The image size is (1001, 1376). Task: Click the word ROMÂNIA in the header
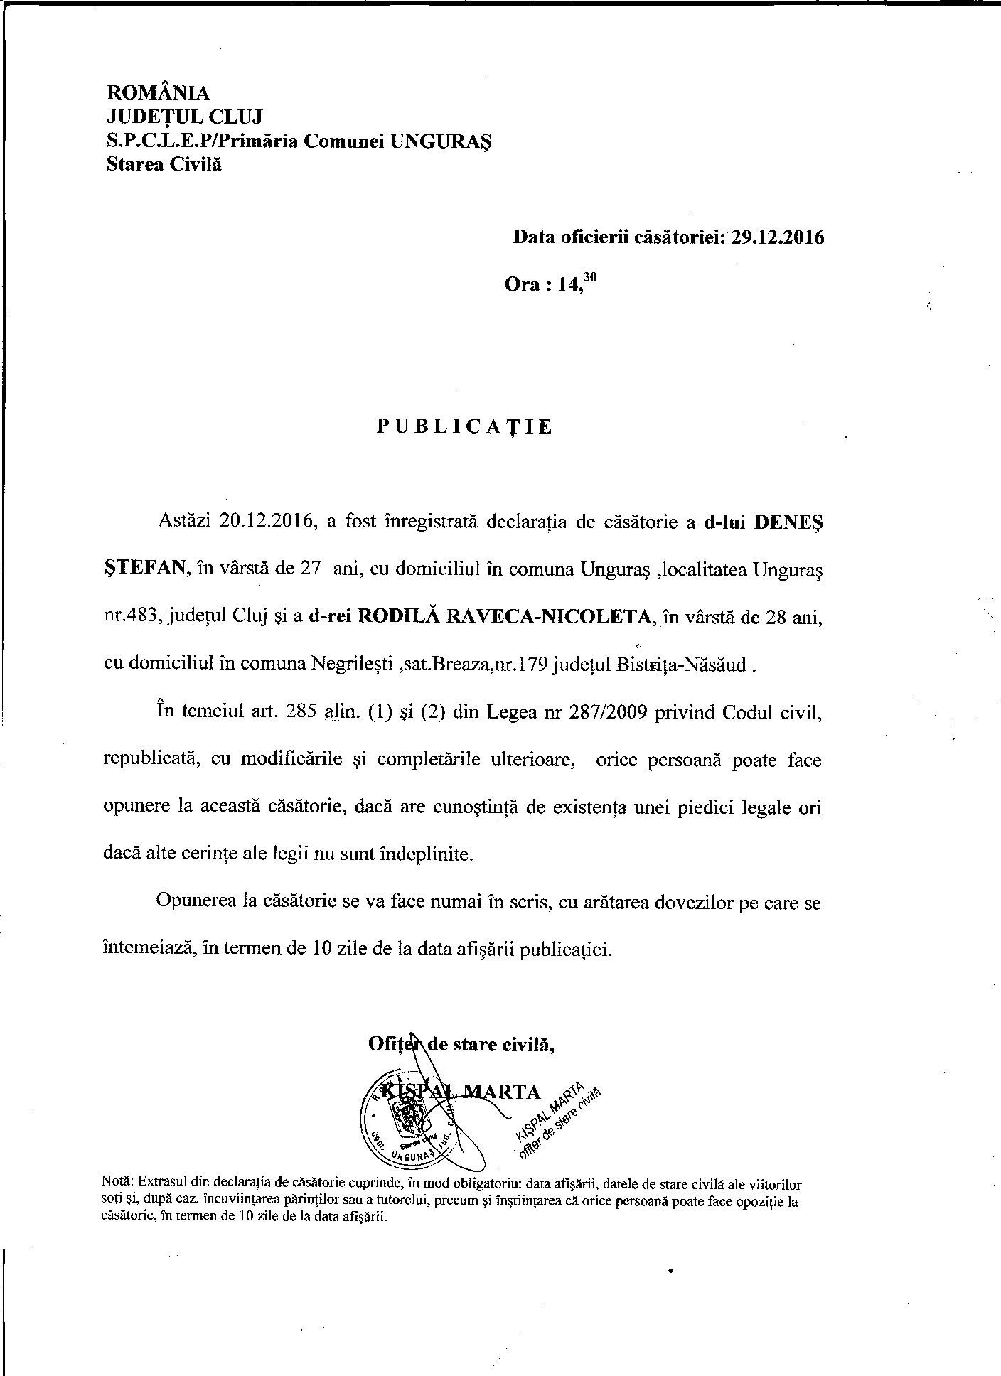158,92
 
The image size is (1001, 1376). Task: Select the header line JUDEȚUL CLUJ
184,117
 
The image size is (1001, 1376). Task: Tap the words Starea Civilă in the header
164,164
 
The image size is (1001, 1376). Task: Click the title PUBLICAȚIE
464,426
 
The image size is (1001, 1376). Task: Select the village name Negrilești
353,665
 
